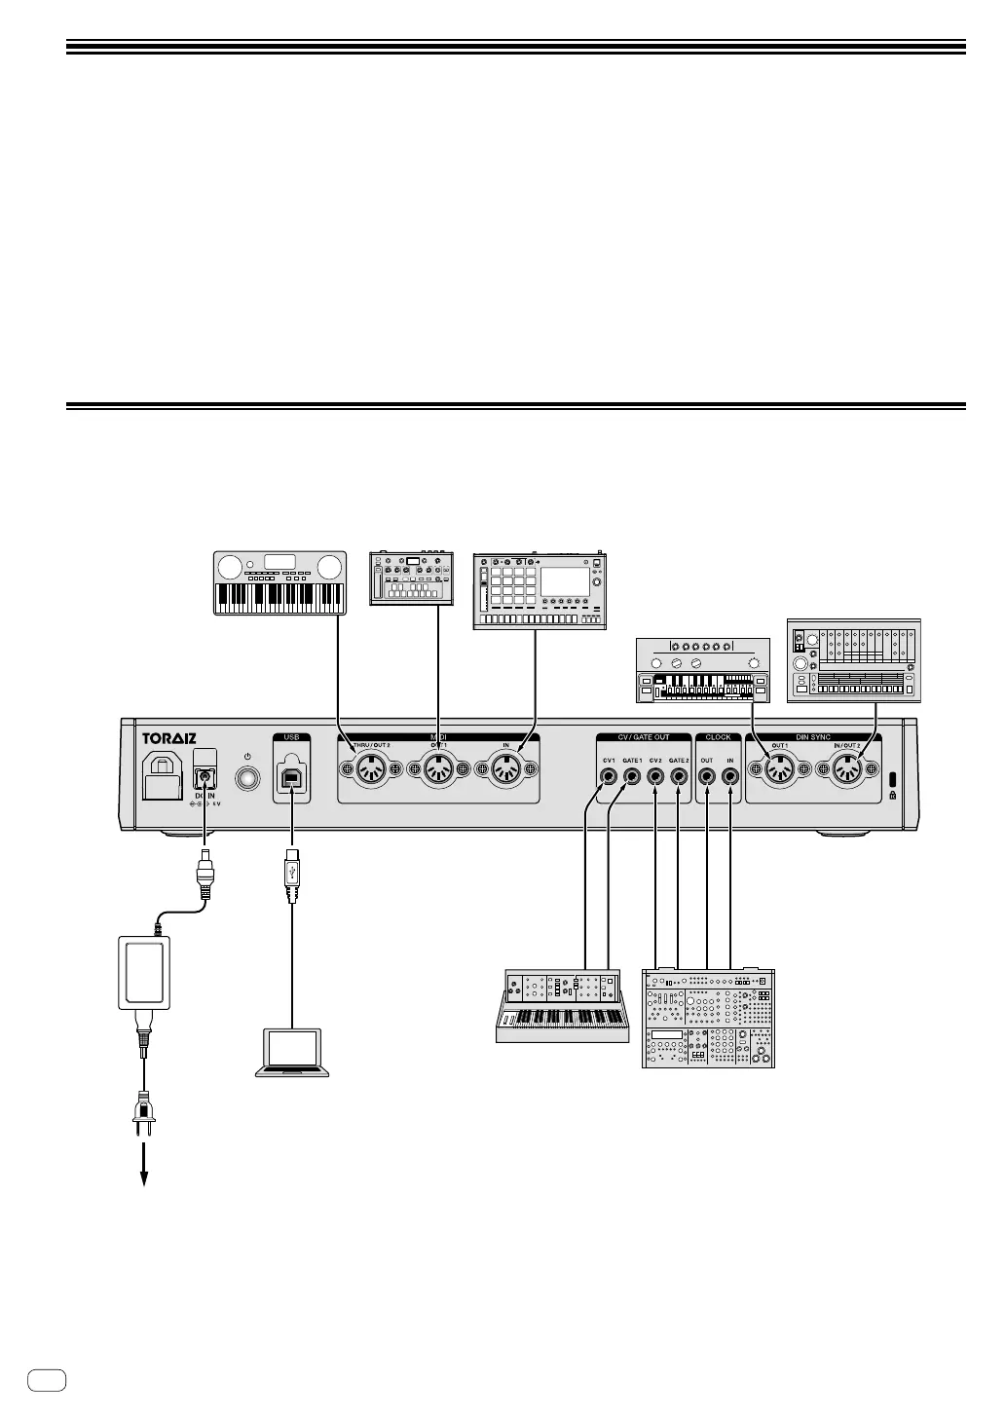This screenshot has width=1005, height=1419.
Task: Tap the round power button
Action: (248, 777)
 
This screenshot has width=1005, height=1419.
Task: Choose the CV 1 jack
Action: (609, 776)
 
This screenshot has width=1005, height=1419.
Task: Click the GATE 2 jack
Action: (680, 776)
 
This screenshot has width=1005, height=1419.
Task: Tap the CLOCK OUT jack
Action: (707, 776)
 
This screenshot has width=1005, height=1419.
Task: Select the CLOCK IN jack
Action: (730, 776)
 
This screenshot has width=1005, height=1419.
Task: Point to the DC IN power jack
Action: (205, 776)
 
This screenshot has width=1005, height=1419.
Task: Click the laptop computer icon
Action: (292, 1052)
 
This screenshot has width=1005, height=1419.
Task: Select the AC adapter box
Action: (144, 973)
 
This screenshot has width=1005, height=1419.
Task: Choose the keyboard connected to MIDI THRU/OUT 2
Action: (280, 583)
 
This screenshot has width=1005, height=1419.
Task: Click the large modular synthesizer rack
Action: (709, 1018)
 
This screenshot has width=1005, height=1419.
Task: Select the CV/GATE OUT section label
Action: (644, 737)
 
